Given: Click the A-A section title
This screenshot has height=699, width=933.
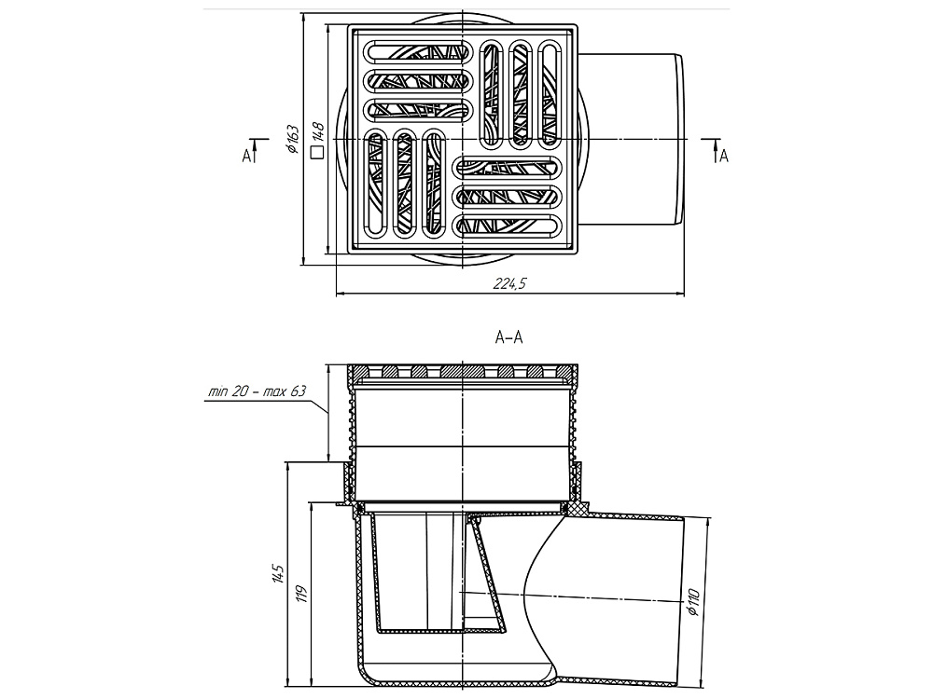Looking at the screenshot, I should click(508, 339).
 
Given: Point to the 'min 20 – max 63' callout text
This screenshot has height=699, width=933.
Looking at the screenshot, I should click(257, 392).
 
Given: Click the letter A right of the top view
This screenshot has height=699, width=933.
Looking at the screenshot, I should click(723, 157).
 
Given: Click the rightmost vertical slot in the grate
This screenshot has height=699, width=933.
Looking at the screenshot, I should click(552, 93).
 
